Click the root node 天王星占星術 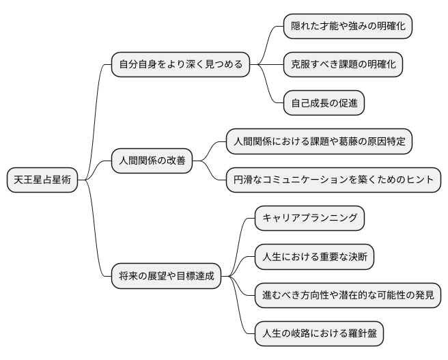pos(42,180)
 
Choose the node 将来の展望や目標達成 pos(167,277)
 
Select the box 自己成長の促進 pos(324,104)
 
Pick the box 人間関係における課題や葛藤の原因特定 pos(320,141)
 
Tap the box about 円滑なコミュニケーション pos(334,180)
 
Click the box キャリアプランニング pos(310,219)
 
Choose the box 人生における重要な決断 pos(315,258)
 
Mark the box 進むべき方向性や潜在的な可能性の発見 pos(348,296)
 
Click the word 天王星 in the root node pos(31,180)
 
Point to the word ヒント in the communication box pos(419,180)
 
